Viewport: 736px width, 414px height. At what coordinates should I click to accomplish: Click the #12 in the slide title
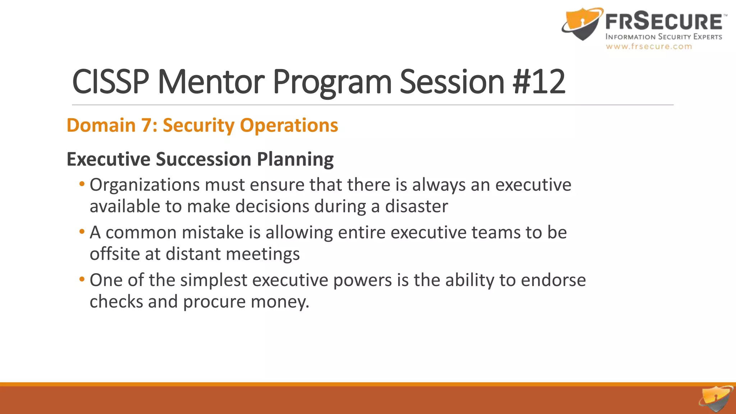[539, 82]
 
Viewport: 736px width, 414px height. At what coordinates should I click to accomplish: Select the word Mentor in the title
[211, 82]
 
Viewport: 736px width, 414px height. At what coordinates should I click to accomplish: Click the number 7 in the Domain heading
[147, 125]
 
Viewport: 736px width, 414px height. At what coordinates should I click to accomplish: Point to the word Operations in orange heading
[289, 125]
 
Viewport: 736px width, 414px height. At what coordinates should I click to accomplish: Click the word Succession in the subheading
[203, 159]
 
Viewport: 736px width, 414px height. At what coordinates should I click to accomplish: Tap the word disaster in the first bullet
[417, 207]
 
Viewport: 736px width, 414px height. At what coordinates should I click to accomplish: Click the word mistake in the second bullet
[213, 233]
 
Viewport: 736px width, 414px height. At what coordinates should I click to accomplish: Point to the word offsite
[115, 254]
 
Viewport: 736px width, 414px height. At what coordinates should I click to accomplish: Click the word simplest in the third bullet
[214, 280]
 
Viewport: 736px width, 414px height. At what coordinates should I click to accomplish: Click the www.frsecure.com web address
[649, 46]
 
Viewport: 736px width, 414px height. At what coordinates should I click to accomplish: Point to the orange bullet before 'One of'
[82, 279]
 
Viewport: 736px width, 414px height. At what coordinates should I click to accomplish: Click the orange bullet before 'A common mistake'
[82, 232]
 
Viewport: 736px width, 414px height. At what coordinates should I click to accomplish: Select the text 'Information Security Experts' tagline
[663, 37]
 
